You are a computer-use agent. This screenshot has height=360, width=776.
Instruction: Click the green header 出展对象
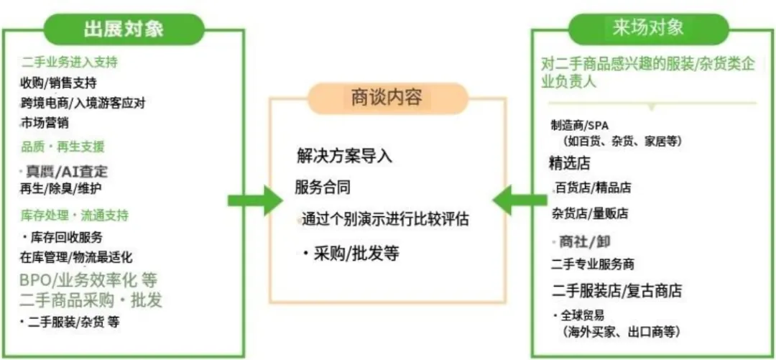tap(124, 29)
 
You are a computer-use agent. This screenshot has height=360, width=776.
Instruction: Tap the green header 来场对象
tap(648, 28)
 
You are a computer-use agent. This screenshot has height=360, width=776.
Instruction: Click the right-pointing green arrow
tap(255, 200)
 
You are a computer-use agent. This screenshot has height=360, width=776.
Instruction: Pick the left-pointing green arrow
tap(519, 200)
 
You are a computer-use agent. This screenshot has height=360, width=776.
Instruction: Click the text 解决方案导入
tap(345, 156)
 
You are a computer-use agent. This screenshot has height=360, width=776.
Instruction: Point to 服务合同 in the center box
tap(323, 188)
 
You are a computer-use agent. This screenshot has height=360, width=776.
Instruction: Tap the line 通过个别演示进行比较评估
tap(385, 219)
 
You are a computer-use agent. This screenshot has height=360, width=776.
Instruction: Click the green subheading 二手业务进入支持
tap(69, 63)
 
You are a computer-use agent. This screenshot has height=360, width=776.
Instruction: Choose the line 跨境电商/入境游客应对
tap(83, 103)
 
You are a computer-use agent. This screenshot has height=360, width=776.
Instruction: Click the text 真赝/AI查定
tap(66, 171)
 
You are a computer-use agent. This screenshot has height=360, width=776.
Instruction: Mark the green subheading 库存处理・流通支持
tap(75, 216)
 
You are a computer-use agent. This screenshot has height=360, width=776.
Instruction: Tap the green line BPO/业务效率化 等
tap(88, 280)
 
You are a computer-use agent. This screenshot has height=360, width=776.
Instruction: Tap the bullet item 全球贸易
tap(582, 315)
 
